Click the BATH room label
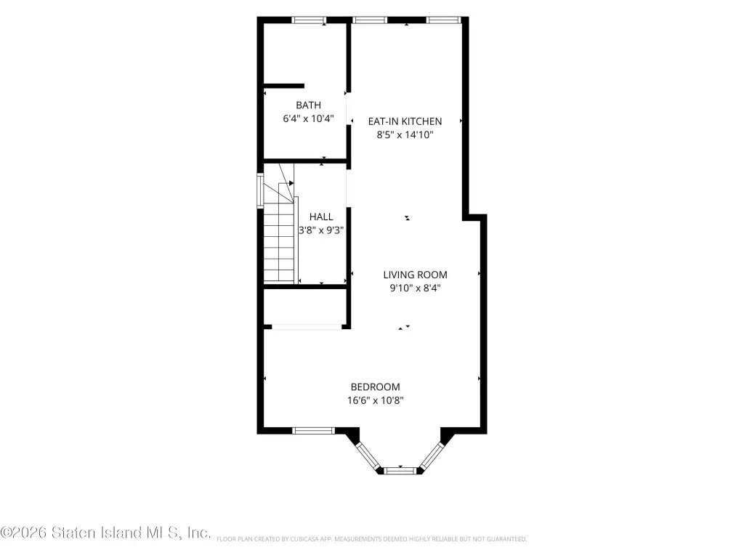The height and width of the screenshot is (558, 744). point(308,105)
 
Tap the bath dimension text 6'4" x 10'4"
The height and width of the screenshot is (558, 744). point(308,118)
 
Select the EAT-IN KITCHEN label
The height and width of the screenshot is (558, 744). point(405,121)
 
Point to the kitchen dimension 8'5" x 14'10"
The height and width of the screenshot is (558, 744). point(405,134)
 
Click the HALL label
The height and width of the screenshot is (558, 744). point(321,217)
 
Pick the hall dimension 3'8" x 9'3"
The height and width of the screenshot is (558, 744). point(321,230)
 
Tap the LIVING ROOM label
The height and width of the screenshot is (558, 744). point(415,275)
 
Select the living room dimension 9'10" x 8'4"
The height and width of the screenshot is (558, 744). point(415,288)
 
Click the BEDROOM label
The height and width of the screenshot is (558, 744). point(376,387)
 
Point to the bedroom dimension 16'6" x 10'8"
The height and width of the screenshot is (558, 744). point(376,400)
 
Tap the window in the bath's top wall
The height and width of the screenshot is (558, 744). point(308,20)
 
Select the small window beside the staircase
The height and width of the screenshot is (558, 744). point(260,191)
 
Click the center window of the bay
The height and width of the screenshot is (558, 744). point(400,471)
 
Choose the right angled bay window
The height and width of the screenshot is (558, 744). point(432,456)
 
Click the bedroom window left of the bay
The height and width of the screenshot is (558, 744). point(313,431)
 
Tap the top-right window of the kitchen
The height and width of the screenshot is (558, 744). point(444,20)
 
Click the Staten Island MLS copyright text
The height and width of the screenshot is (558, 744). point(105,533)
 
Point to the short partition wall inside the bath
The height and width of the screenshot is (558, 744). point(284,86)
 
